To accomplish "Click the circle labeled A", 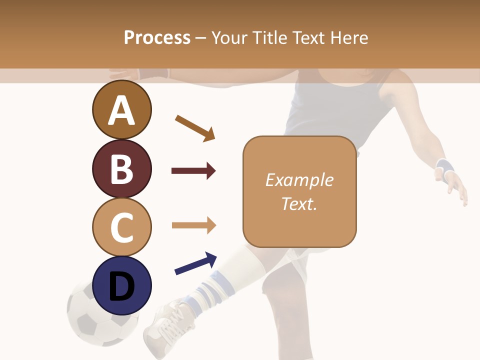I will (121, 110).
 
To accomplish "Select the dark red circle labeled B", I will (121, 168).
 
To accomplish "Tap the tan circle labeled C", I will (121, 227).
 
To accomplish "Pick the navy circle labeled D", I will (121, 285).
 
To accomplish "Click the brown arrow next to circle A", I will (195, 128).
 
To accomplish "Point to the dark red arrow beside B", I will (193, 171).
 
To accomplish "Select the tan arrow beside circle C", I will (193, 225).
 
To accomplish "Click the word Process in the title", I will (157, 38).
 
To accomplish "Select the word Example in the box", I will (299, 180).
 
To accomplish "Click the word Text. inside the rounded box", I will (299, 203).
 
